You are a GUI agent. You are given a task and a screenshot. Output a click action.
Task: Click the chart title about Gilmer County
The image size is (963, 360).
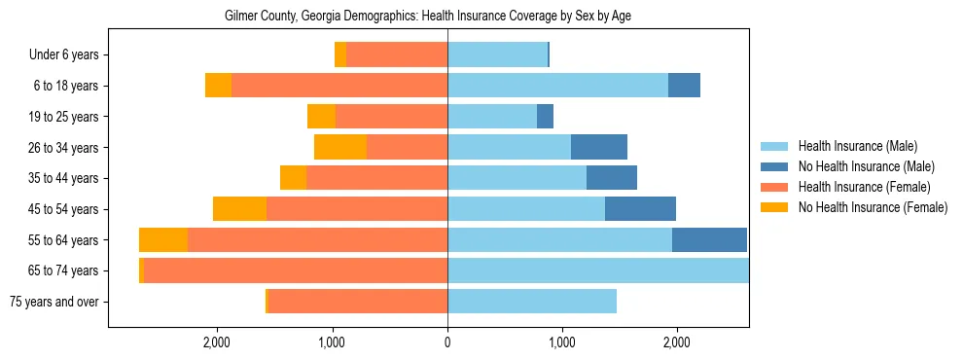click(x=428, y=17)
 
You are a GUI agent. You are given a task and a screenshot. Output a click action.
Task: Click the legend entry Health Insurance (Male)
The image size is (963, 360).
click(x=856, y=146)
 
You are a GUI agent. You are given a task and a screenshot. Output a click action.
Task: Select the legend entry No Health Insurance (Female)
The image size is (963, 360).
click(x=873, y=207)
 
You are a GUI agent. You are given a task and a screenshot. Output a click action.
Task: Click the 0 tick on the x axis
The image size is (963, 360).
click(x=447, y=342)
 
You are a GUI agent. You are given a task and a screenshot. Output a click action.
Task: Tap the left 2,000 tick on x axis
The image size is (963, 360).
click(x=216, y=342)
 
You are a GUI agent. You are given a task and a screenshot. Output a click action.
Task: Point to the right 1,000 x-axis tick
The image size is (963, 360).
click(x=561, y=342)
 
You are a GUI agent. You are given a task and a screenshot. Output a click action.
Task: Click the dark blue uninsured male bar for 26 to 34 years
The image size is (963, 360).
click(x=599, y=147)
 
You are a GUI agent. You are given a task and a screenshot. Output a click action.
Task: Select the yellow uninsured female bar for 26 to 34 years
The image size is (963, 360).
click(x=340, y=147)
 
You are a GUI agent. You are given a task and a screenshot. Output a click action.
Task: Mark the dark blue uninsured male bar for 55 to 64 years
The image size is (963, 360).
click(x=709, y=239)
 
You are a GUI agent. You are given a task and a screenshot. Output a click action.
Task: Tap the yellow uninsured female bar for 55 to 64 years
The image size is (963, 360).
click(x=163, y=239)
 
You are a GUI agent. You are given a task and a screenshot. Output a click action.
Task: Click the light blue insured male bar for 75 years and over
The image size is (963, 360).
click(x=532, y=302)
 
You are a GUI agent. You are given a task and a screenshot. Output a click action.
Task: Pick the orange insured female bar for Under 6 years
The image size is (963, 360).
click(x=397, y=55)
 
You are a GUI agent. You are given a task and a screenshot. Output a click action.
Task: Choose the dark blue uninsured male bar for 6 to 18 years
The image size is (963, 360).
click(x=684, y=86)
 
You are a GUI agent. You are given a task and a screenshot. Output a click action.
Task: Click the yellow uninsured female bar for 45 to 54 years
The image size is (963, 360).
click(x=239, y=209)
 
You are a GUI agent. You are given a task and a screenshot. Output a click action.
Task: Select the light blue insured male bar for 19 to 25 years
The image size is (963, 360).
click(x=492, y=117)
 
